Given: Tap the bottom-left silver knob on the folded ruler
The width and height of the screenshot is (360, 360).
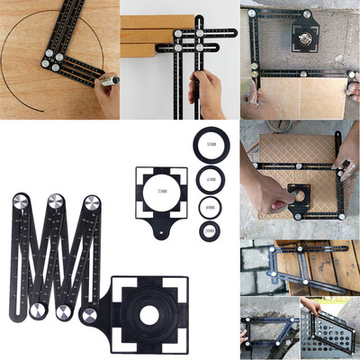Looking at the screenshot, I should click(34, 311).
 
